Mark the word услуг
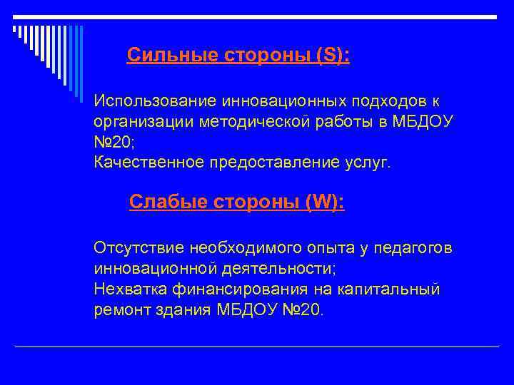coord(368,163)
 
